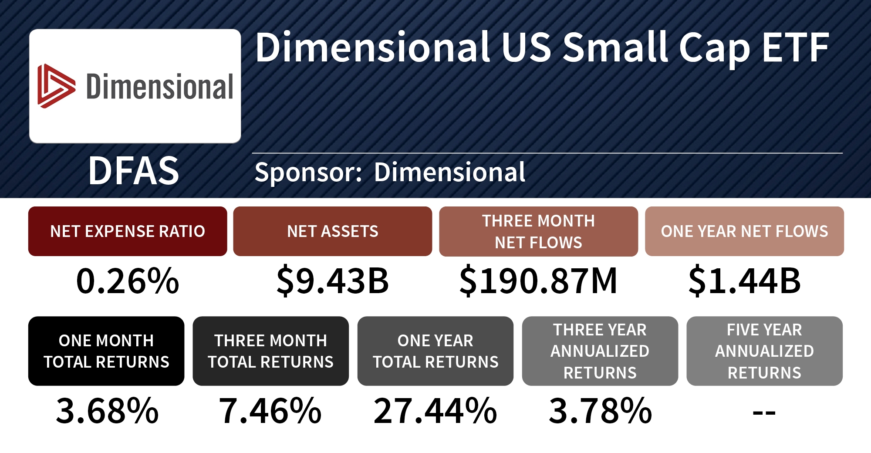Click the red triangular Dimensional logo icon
56,86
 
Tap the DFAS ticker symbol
134,171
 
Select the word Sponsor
308,172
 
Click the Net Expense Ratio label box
128,231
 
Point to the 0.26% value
128,281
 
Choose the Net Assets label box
333,231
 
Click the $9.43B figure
333,281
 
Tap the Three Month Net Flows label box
538,231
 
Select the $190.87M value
538,281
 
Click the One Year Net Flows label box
744,231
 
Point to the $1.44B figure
744,281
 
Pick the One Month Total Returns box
106,351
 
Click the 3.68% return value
107,411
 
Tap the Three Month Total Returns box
270,351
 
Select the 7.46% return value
270,411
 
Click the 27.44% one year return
435,411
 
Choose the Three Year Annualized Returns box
600,351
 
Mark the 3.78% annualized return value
600,411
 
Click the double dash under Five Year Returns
764,412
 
